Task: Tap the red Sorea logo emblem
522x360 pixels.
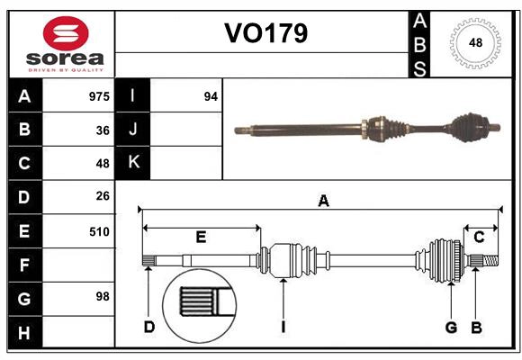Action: [x=66, y=34]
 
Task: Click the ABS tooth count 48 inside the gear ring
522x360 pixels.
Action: [x=473, y=43]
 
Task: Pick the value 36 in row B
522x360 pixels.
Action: [x=102, y=130]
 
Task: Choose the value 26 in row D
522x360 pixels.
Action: [x=102, y=196]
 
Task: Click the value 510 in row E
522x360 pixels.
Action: [x=99, y=230]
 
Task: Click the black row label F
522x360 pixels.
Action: [x=24, y=265]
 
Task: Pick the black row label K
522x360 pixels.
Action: [x=133, y=163]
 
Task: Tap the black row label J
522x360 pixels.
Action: [x=133, y=130]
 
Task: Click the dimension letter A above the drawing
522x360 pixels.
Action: [x=323, y=202]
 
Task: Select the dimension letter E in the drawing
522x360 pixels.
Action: [x=201, y=237]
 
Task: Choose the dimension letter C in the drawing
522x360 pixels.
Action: [x=479, y=237]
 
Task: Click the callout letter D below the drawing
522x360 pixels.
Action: [x=149, y=326]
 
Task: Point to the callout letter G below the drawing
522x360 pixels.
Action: [x=451, y=326]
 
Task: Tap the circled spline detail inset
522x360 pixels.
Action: [x=198, y=302]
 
